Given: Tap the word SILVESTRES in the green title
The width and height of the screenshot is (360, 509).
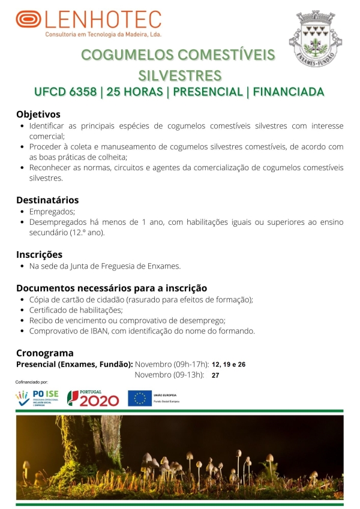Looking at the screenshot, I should (x=179, y=76).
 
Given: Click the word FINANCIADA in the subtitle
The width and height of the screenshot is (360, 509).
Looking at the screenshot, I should (x=289, y=92).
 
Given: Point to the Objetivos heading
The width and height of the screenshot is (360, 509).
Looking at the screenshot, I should (x=38, y=114).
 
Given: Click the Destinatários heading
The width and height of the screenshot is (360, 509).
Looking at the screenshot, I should (x=47, y=200).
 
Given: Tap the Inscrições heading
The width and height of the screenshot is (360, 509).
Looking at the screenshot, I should (x=39, y=254).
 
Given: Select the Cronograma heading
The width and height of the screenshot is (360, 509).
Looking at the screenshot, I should (x=45, y=353).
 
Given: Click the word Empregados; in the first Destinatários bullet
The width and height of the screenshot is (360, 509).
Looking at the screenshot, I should (x=52, y=212).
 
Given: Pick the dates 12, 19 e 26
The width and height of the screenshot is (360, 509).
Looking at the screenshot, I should (x=229, y=365).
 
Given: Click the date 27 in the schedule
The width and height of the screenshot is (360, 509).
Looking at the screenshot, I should (x=215, y=375).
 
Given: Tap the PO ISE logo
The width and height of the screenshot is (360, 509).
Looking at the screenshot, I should (x=38, y=397).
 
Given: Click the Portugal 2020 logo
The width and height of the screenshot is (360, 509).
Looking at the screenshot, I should (x=93, y=397).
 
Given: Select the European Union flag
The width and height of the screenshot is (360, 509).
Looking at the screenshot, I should (x=139, y=397).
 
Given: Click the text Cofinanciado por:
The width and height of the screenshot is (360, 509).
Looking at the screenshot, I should (x=32, y=382).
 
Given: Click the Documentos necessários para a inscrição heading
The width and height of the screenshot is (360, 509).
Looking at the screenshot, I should (x=112, y=288).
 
